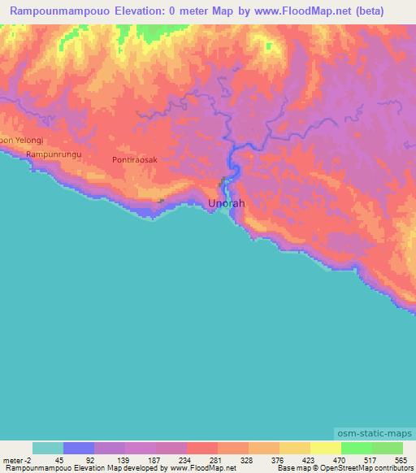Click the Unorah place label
[x=226, y=202]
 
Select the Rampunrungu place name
[x=54, y=154]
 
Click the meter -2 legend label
[x=15, y=459]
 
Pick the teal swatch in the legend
[x=47, y=448]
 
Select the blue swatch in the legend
[x=78, y=448]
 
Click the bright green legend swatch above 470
[x=356, y=448]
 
